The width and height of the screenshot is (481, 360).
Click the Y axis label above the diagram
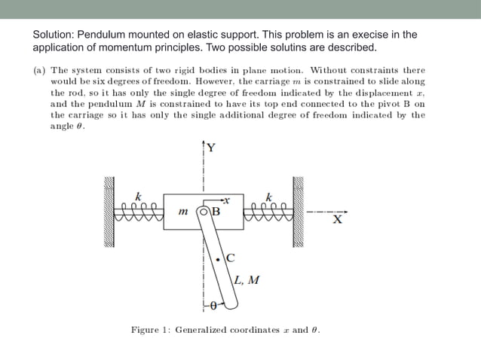pyautogui.click(x=211, y=148)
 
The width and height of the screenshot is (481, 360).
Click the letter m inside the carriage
pyautogui.click(x=183, y=212)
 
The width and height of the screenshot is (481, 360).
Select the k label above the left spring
pyautogui.click(x=137, y=195)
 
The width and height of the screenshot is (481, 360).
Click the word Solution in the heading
pyautogui.click(x=54, y=35)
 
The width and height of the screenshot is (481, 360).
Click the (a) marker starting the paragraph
pyautogui.click(x=38, y=71)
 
